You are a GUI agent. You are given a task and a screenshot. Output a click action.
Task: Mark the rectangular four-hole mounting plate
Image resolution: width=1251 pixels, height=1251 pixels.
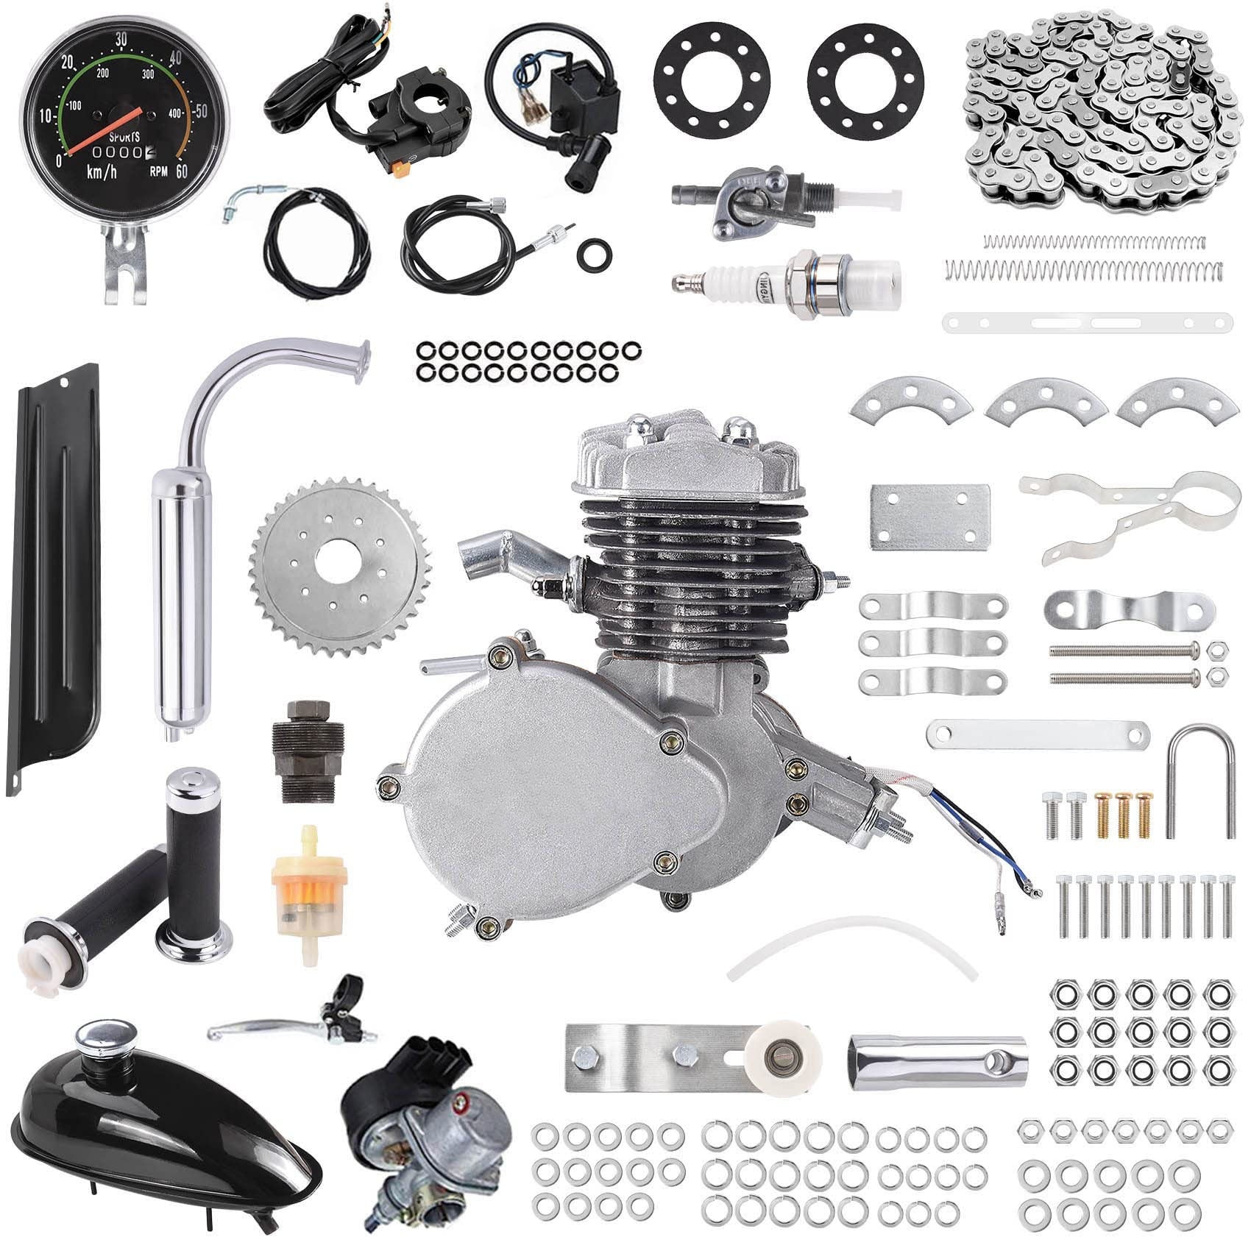coord(929,516)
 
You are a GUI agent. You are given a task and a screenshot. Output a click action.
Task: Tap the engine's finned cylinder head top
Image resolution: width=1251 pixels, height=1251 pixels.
coord(688,456)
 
